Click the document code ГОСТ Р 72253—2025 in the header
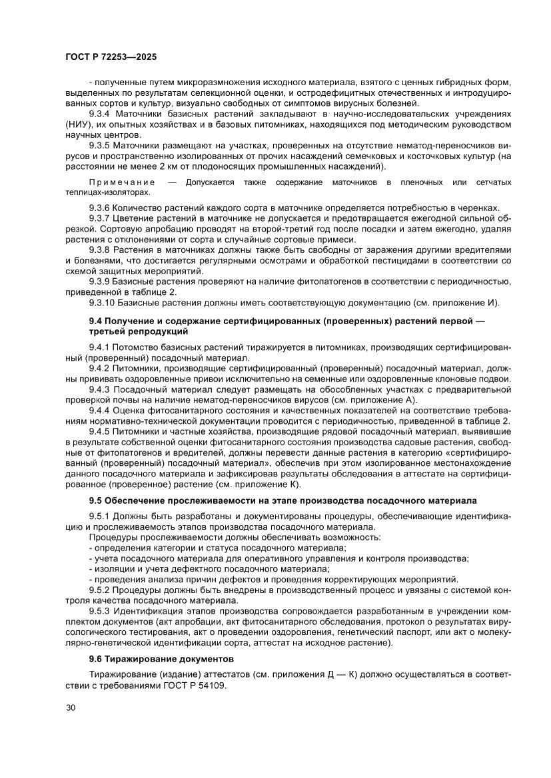(x=111, y=57)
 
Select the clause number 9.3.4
(x=101, y=114)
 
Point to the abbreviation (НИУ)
(x=80, y=124)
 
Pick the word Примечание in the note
(x=122, y=182)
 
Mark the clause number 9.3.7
(x=101, y=218)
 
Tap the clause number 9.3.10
(x=104, y=302)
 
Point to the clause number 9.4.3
(x=101, y=389)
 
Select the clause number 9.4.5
(x=101, y=431)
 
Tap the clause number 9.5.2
(x=101, y=590)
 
